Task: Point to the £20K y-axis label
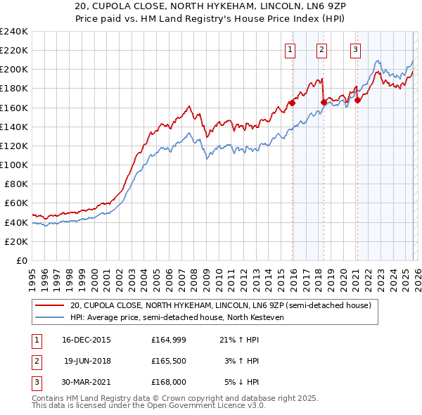tap(17, 241)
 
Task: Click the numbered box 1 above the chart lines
tap(290, 49)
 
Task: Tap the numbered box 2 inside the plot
tap(321, 49)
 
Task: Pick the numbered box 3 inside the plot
tap(356, 49)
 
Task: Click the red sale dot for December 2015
tap(292, 103)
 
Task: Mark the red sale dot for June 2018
tap(324, 102)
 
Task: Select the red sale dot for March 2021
tap(357, 100)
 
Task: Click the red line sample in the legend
tap(50, 305)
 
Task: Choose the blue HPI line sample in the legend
tap(50, 317)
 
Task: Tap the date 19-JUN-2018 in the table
tap(87, 361)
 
